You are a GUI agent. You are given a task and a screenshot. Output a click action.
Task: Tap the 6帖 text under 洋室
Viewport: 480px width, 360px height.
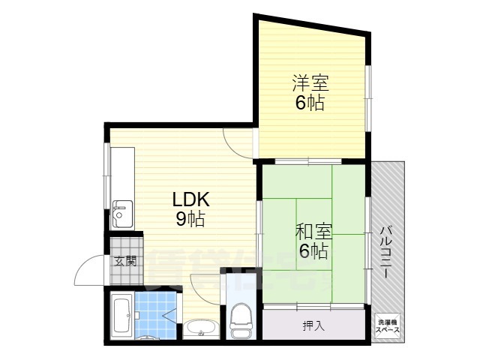[x=309, y=103]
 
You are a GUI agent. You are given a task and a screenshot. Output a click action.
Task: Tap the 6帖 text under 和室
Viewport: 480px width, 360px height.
[x=313, y=251]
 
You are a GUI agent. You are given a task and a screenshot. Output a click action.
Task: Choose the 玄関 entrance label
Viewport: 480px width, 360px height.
[x=125, y=262]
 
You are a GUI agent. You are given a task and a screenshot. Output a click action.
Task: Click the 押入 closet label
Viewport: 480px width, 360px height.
[x=313, y=325]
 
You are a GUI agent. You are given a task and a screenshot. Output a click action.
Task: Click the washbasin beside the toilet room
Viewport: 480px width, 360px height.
[x=201, y=328]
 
